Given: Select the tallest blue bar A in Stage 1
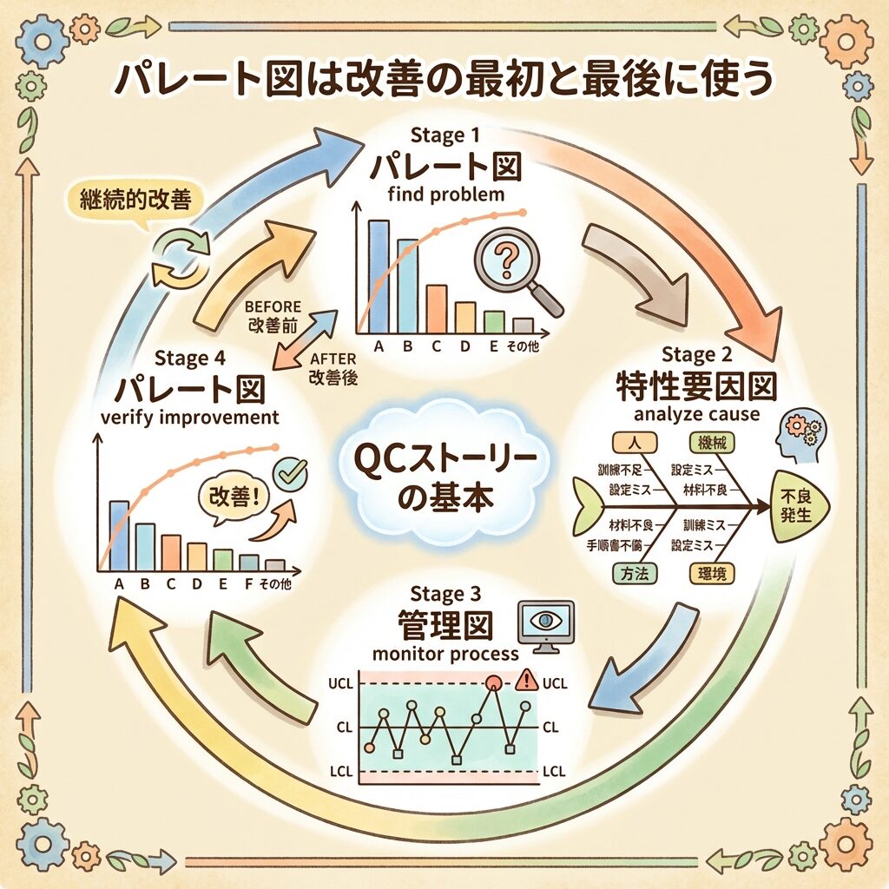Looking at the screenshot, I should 379,276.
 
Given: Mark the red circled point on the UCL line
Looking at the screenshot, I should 494,683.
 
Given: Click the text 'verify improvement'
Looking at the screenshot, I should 189,417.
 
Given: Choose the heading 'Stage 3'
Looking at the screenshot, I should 444,596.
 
